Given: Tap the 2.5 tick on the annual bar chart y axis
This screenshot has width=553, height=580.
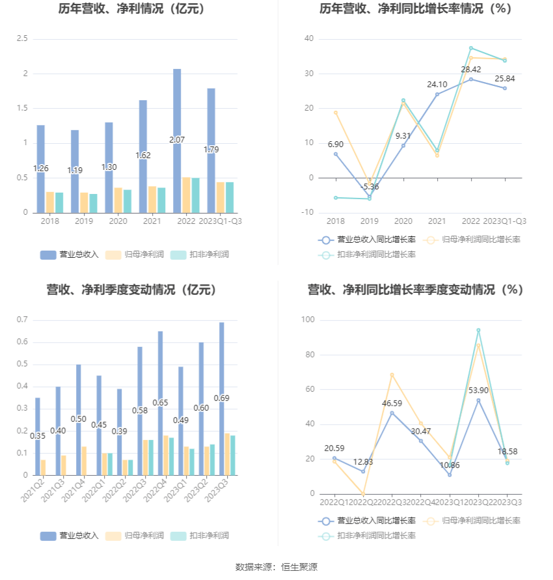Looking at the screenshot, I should [x=22, y=39].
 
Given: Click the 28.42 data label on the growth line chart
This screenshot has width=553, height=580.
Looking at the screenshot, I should [x=471, y=69].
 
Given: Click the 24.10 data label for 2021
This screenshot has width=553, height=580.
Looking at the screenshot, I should [x=437, y=84].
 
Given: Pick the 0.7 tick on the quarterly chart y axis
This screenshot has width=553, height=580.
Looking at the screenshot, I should [x=22, y=320].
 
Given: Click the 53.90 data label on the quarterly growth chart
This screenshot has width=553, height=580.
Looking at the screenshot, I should [x=479, y=390].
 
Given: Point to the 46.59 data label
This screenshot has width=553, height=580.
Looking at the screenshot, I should [x=392, y=403].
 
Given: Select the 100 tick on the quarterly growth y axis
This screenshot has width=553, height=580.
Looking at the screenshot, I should [x=308, y=320].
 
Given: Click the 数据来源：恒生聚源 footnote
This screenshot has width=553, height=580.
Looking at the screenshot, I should [x=276, y=567].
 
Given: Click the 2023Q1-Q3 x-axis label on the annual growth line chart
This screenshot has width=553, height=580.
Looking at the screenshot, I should [x=504, y=221].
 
